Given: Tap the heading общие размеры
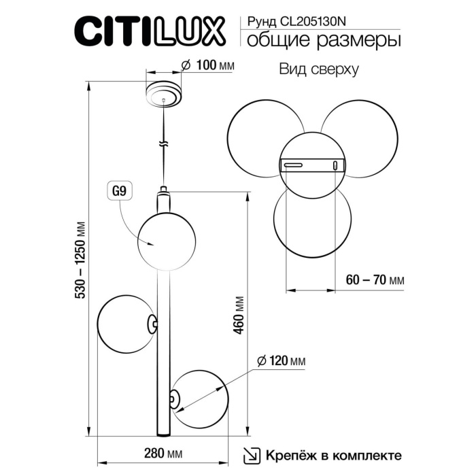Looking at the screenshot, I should point(323,41).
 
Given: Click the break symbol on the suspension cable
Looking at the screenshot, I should point(163,143).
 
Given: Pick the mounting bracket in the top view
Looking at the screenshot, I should point(313,165).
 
